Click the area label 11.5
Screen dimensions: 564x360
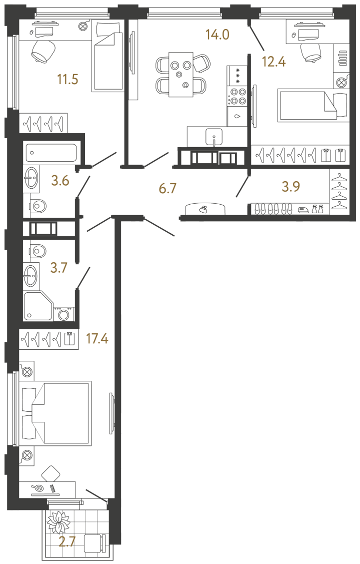pyautogui.click(x=68, y=79)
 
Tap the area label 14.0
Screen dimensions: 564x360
pyautogui.click(x=217, y=35)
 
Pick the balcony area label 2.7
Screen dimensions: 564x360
pyautogui.click(x=67, y=542)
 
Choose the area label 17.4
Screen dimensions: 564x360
pyautogui.click(x=97, y=339)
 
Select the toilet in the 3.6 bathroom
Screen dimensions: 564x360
pyautogui.click(x=37, y=206)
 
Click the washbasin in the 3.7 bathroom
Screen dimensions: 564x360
pyautogui.click(x=31, y=274)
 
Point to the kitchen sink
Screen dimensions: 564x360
pyautogui.click(x=214, y=136)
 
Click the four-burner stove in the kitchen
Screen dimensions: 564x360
pyautogui.click(x=237, y=96)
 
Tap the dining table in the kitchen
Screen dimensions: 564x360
pyautogui.click(x=180, y=75)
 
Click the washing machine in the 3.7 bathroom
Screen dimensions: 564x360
pyautogui.click(x=63, y=314)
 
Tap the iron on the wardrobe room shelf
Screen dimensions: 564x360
pyautogui.click(x=303, y=210)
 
